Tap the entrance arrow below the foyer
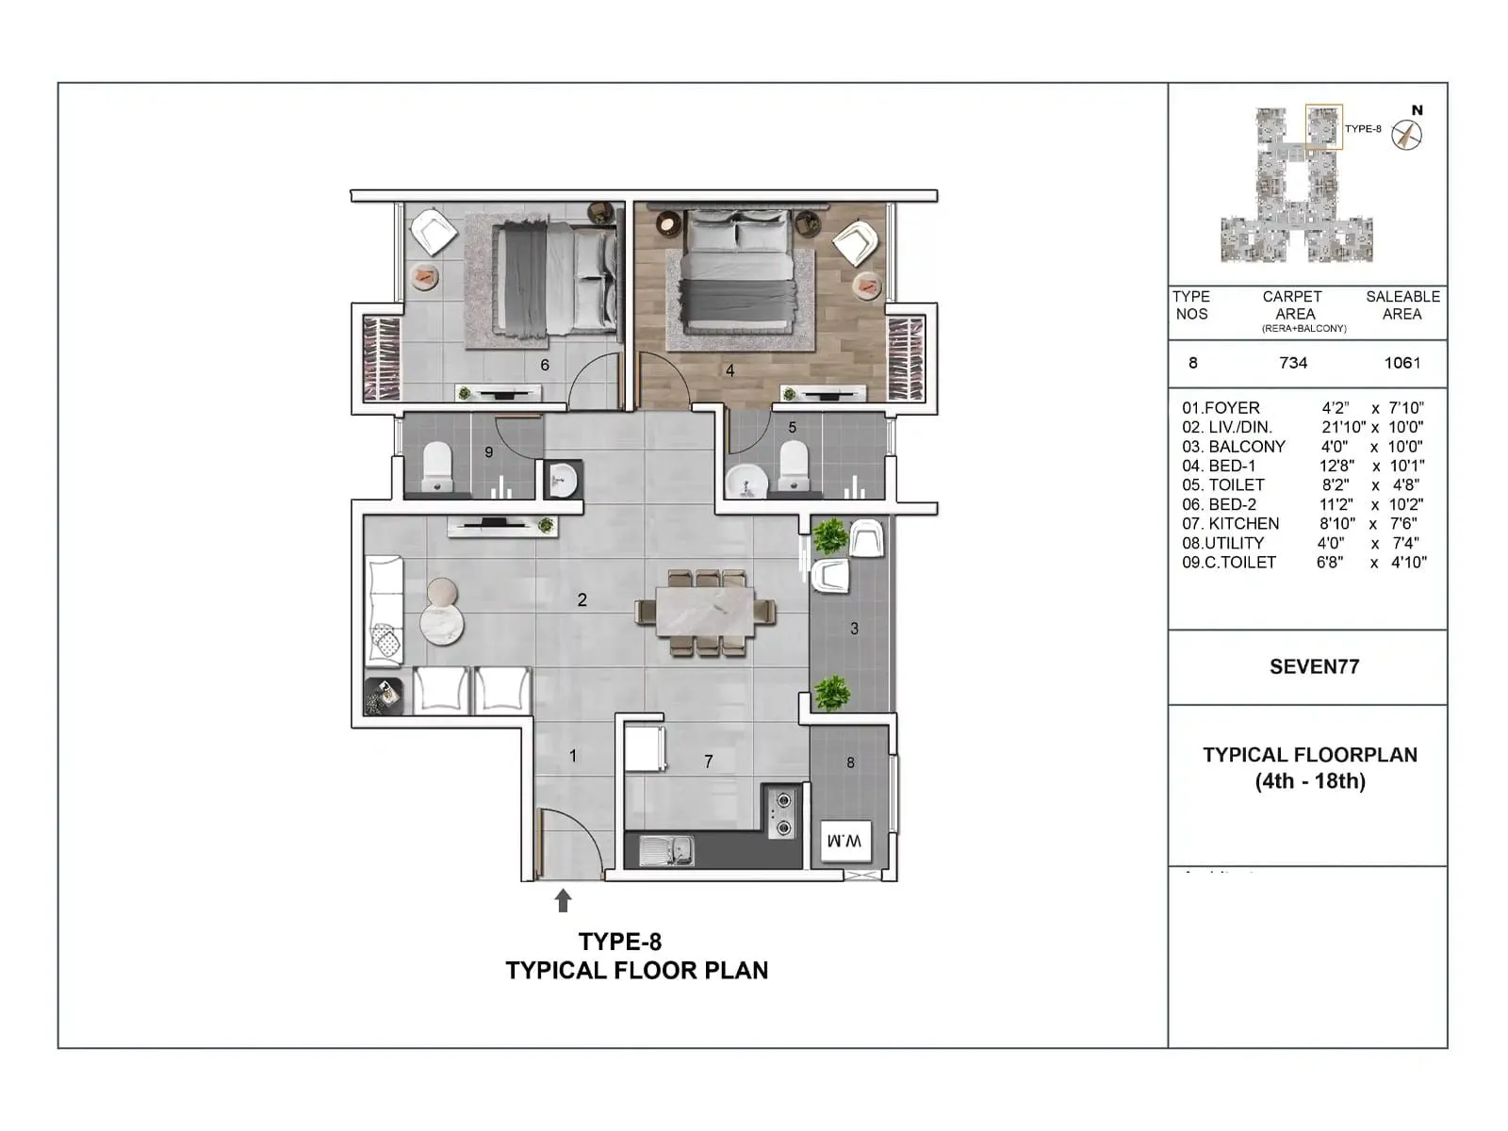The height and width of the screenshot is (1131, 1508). pyautogui.click(x=563, y=901)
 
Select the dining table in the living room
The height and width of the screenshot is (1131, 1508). pyautogui.click(x=705, y=611)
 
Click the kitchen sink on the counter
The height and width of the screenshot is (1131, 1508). pyautogui.click(x=666, y=850)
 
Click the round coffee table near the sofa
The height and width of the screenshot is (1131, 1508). pyautogui.click(x=441, y=622)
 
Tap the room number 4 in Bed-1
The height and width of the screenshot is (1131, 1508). pyautogui.click(x=729, y=371)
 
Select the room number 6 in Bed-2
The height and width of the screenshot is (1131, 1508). pyautogui.click(x=545, y=365)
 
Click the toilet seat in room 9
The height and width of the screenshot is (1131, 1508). pyautogui.click(x=436, y=467)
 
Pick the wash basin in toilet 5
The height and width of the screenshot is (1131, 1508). pyautogui.click(x=749, y=480)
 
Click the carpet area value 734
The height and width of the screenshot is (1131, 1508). pyautogui.click(x=1293, y=363)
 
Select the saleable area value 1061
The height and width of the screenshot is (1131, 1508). pyautogui.click(x=1401, y=363)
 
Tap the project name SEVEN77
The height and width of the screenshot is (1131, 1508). pyautogui.click(x=1314, y=667)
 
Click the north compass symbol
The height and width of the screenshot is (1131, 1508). pyautogui.click(x=1407, y=134)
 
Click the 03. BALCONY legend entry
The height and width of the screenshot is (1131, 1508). pyautogui.click(x=1234, y=447)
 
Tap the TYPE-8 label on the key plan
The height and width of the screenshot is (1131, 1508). pyautogui.click(x=1363, y=129)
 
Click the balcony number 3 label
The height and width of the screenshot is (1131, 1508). pyautogui.click(x=854, y=629)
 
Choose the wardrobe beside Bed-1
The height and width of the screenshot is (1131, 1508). pyautogui.click(x=906, y=358)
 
